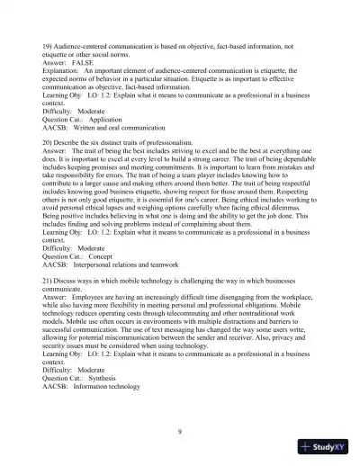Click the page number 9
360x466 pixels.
click(x=180, y=434)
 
